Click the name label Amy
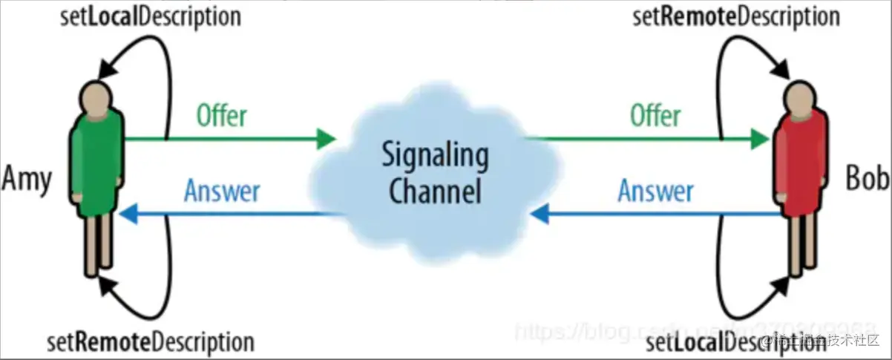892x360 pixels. [x=27, y=180]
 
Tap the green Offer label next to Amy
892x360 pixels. [x=221, y=116]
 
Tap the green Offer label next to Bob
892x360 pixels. [x=655, y=116]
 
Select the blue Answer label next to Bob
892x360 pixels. [x=655, y=192]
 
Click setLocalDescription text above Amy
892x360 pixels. [x=151, y=16]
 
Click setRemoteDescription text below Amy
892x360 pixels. [x=150, y=343]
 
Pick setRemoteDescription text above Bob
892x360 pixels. [x=736, y=16]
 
